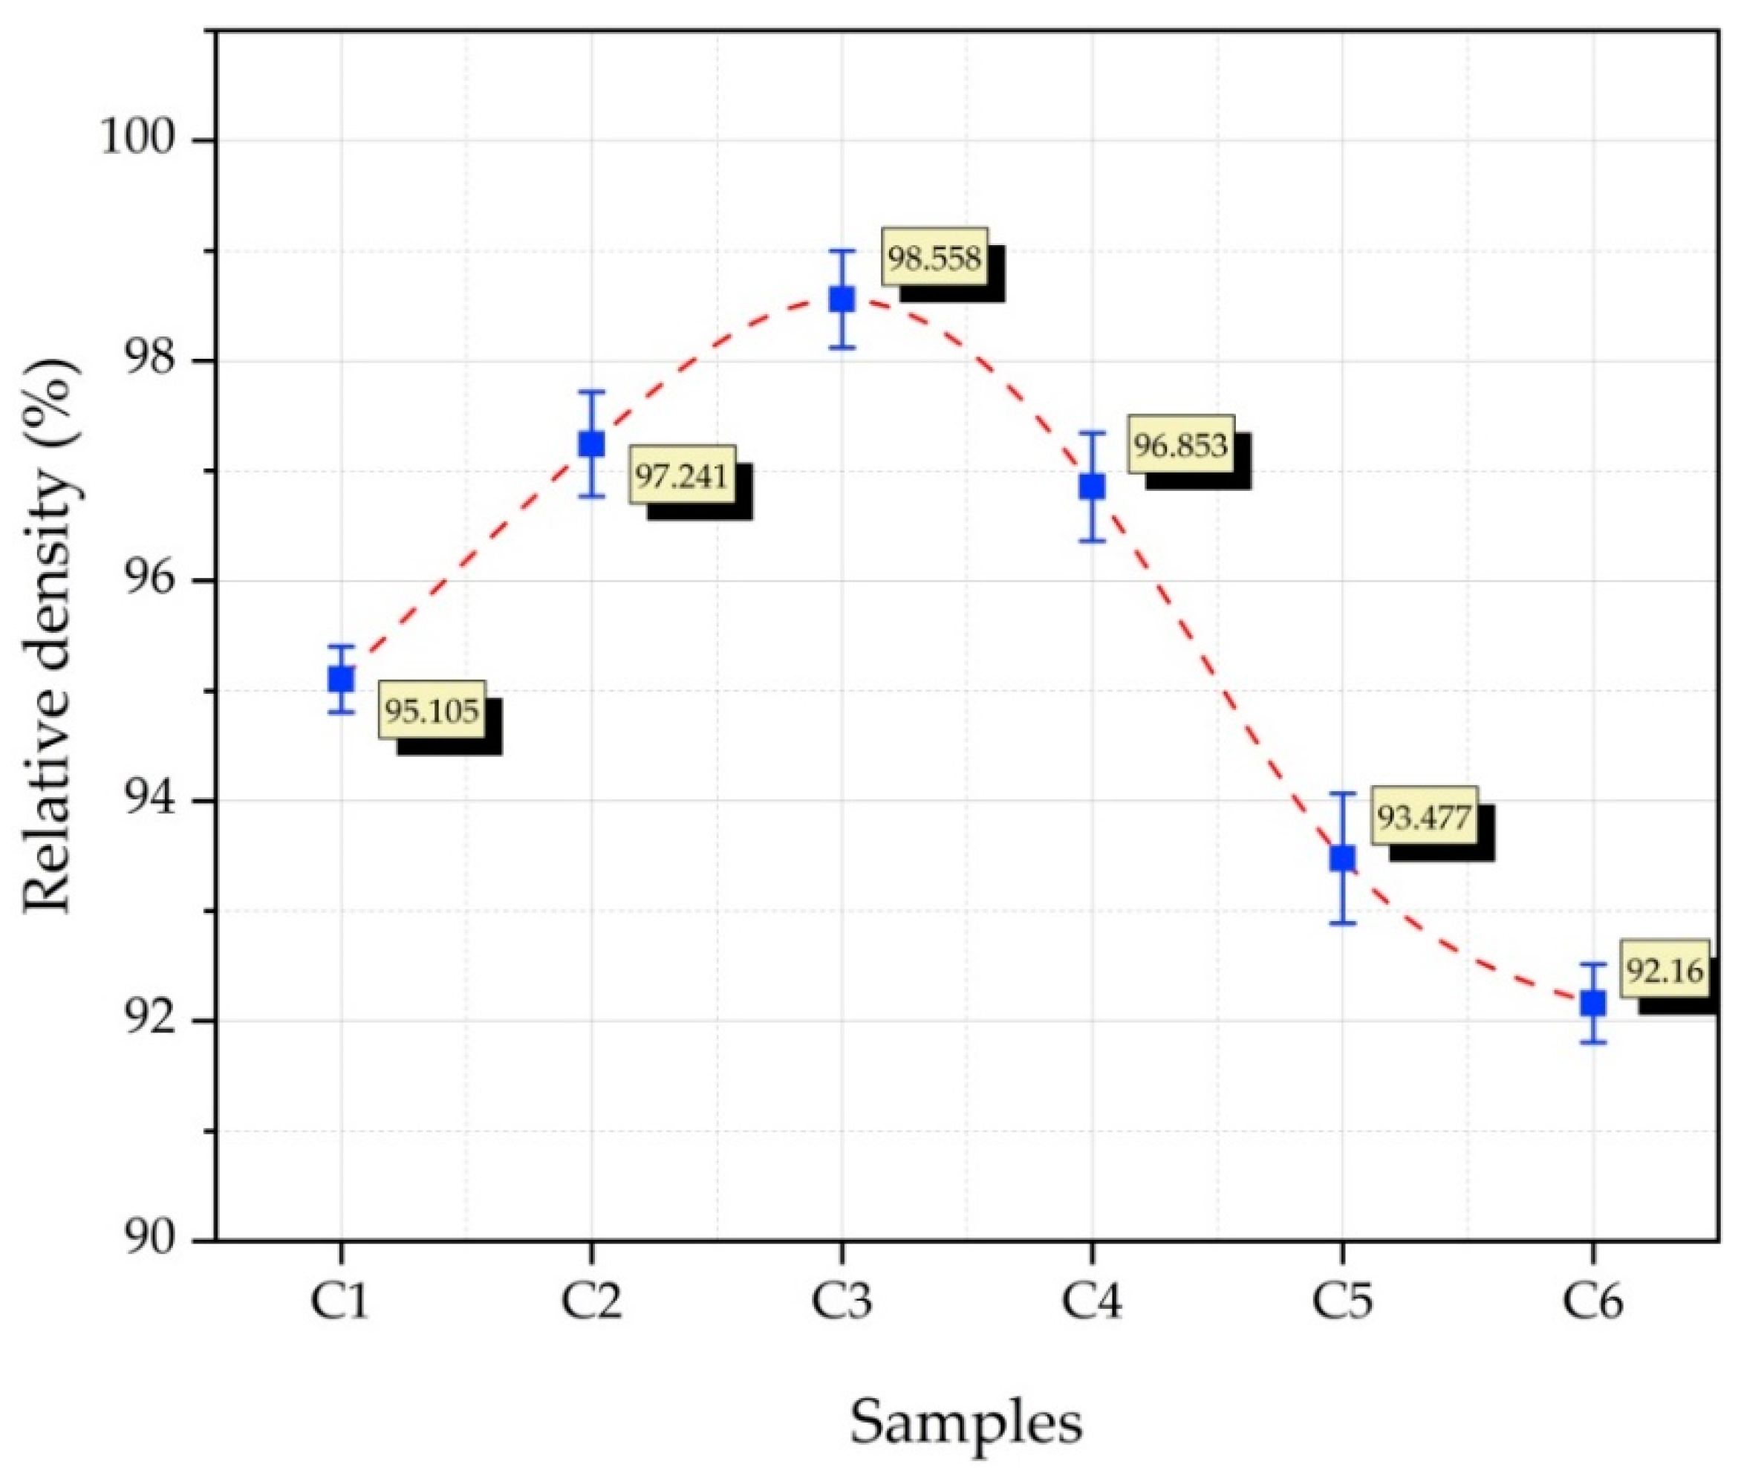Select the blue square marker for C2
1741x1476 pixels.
591,443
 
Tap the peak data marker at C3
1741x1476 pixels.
842,299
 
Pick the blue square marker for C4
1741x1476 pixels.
1092,486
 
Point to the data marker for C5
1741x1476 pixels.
1342,858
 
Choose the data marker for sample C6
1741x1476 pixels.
1592,1002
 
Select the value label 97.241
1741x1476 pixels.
681,475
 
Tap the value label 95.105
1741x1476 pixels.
432,710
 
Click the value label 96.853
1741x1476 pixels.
1180,445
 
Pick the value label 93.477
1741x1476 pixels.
1424,816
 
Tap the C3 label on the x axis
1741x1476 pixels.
842,1302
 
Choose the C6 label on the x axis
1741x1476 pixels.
1592,1302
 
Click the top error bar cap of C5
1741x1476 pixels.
1342,793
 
